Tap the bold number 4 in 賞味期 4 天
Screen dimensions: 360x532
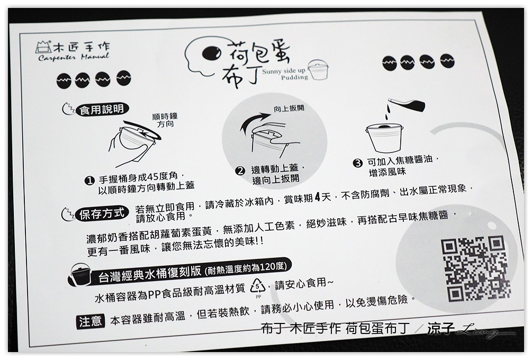pos(318,197)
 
